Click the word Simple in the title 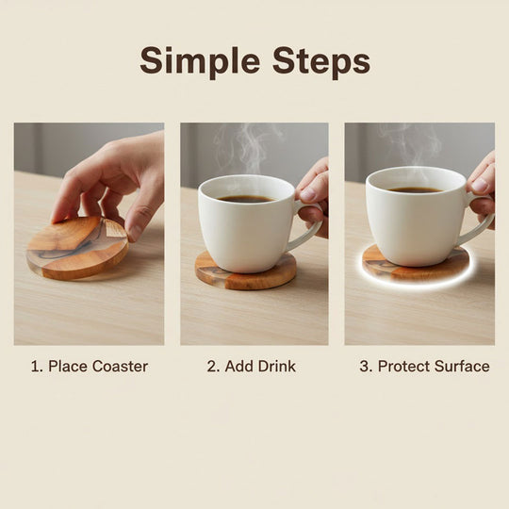(195, 61)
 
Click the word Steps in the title (315, 61)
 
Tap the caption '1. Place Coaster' (89, 366)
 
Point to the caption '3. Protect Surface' (424, 366)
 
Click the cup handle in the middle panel (306, 226)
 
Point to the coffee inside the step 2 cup (247, 198)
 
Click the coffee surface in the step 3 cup (415, 189)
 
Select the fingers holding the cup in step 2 (313, 193)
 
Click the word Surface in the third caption (461, 366)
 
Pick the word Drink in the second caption (274, 366)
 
